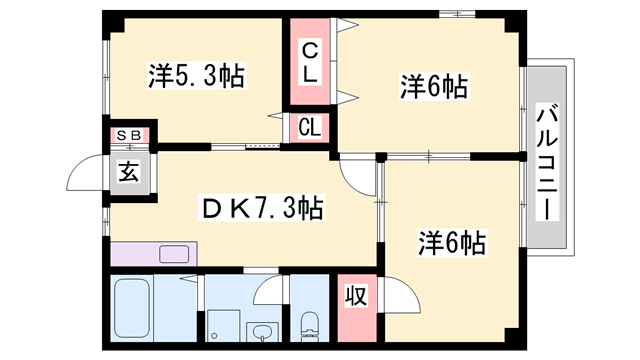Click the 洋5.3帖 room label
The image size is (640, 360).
click(197, 76)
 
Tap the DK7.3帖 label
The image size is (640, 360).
click(261, 208)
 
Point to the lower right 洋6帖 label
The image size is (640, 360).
click(452, 243)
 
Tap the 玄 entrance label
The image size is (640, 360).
click(129, 171)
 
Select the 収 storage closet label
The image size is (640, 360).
click(355, 297)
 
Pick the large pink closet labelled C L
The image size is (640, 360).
click(310, 62)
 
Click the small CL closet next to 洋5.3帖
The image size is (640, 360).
click(310, 127)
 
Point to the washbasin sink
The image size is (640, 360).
click(262, 332)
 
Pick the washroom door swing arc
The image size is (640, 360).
click(267, 289)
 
